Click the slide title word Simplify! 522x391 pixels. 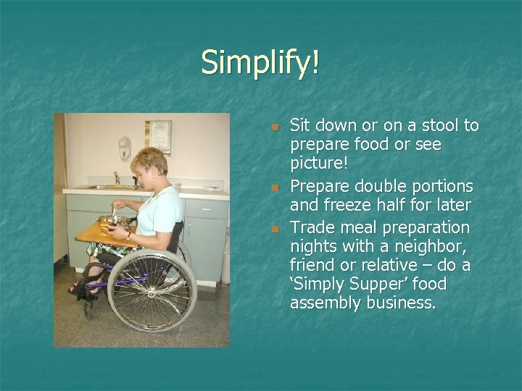click(x=260, y=62)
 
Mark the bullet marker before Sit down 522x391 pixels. click(x=274, y=127)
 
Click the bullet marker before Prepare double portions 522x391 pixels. click(x=274, y=188)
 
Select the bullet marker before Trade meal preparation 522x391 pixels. click(x=274, y=229)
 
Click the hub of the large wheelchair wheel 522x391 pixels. click(x=152, y=290)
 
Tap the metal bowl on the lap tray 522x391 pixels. click(x=110, y=222)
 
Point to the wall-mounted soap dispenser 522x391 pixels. click(x=124, y=148)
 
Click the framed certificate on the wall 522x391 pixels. click(x=157, y=136)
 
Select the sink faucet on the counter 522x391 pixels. click(x=116, y=177)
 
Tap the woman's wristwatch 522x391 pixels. click(x=129, y=235)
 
